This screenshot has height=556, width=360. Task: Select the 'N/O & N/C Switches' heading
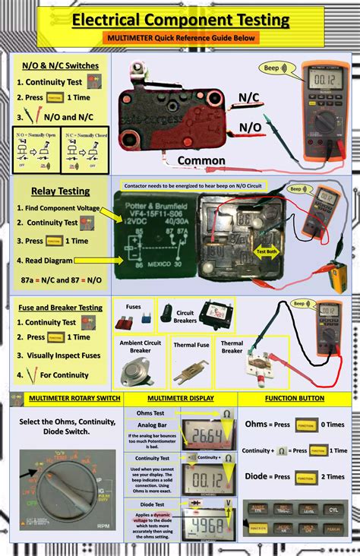click(x=60, y=65)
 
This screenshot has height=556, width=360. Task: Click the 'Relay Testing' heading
click(x=60, y=191)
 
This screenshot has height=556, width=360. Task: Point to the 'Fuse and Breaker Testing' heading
click(x=59, y=307)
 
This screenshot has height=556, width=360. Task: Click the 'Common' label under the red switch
click(x=201, y=160)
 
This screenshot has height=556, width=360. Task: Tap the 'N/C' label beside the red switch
click(x=249, y=98)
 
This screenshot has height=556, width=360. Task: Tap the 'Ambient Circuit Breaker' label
click(x=141, y=346)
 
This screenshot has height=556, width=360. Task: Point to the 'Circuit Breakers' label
click(x=185, y=316)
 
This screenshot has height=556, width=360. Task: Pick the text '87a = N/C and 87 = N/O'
click(x=61, y=280)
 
